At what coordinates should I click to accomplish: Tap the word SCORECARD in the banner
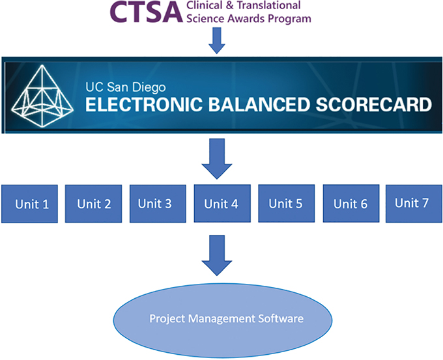point(379,104)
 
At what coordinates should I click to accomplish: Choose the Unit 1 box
point(31,203)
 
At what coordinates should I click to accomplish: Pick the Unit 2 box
point(94,203)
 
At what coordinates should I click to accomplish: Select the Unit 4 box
point(221,203)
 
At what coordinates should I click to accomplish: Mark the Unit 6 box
point(350,203)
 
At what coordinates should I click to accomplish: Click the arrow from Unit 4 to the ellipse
point(218,256)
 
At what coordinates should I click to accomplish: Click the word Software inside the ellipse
point(279,320)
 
